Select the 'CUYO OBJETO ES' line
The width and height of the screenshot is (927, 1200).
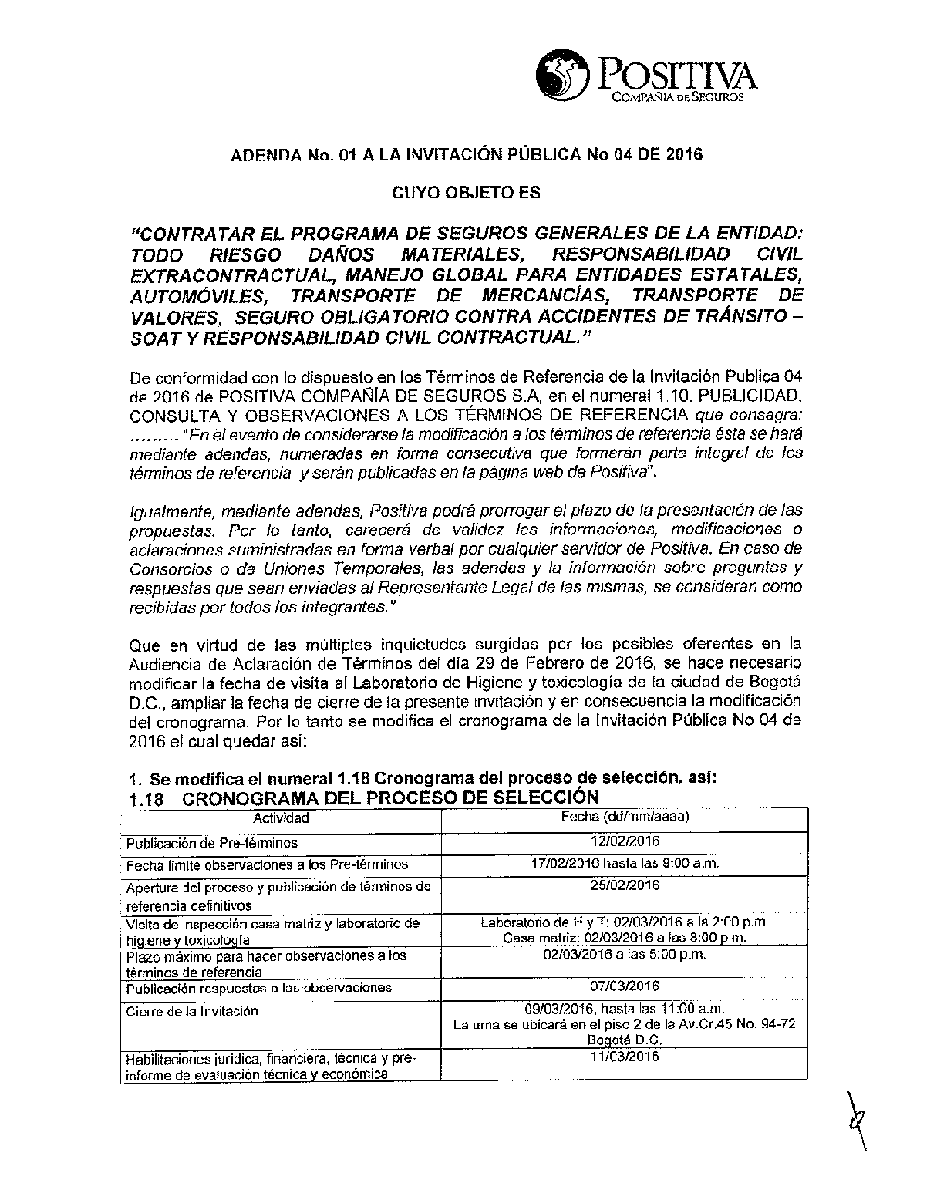pyautogui.click(x=466, y=194)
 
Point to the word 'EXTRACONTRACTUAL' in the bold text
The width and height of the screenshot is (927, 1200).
pyautogui.click(x=221, y=275)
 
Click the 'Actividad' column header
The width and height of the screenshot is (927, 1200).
pyautogui.click(x=281, y=818)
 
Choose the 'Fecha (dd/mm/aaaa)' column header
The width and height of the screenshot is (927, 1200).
pyautogui.click(x=624, y=817)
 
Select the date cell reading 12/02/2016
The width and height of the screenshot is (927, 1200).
pyautogui.click(x=624, y=841)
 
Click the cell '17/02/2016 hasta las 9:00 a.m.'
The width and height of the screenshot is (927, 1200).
pyautogui.click(x=625, y=863)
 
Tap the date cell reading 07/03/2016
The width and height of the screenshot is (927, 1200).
pyautogui.click(x=624, y=987)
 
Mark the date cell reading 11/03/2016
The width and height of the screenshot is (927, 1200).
pyautogui.click(x=624, y=1056)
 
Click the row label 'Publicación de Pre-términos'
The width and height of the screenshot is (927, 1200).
pyautogui.click(x=211, y=843)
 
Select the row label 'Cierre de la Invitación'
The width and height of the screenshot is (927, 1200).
pyautogui.click(x=192, y=1012)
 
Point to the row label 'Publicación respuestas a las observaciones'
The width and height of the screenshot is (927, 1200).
pyautogui.click(x=259, y=989)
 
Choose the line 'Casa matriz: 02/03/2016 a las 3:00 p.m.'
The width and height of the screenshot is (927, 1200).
pyautogui.click(x=625, y=938)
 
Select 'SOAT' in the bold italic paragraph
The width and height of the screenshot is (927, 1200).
pyautogui.click(x=158, y=337)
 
